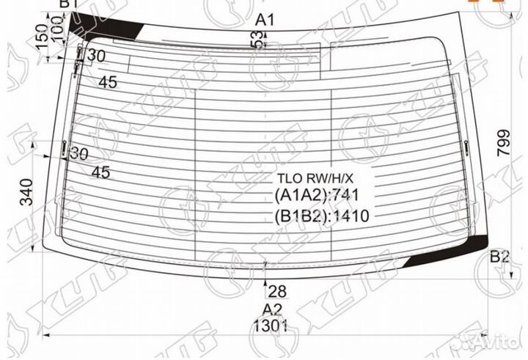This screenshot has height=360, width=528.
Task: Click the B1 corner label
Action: point(68,5)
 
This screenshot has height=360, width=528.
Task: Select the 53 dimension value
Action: point(258,42)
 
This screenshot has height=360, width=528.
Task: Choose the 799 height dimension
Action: point(502,155)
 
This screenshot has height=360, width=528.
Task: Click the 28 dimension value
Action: point(276,290)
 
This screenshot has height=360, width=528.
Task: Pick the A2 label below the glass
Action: point(272,309)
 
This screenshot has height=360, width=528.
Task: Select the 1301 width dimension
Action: point(271,326)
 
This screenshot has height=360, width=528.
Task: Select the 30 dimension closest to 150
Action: point(96,56)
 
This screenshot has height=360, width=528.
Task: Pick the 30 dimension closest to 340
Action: point(78,154)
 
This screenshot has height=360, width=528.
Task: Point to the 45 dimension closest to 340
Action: point(100,172)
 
